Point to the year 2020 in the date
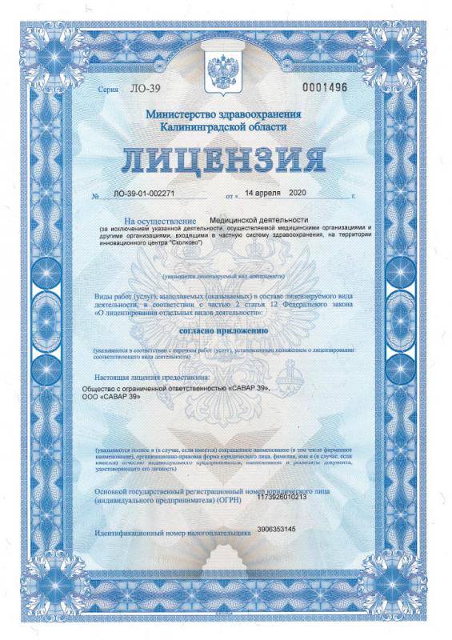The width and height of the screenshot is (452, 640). pyautogui.click(x=297, y=193)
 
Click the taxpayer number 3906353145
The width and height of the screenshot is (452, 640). pyautogui.click(x=277, y=530)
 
